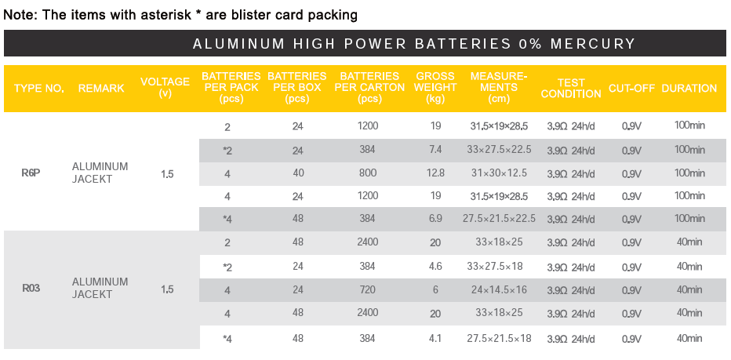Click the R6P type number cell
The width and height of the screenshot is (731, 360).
click(31, 173)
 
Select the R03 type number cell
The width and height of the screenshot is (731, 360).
click(31, 289)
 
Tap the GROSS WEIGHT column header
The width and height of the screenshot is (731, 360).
click(435, 88)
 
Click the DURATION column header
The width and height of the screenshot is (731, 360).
click(689, 89)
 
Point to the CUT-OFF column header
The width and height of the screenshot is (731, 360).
click(631, 89)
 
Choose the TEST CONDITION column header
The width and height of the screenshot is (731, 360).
click(571, 89)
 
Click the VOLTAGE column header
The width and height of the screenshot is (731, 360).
click(165, 88)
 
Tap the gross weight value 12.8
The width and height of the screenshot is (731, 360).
click(435, 173)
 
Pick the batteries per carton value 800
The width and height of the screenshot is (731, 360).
click(368, 173)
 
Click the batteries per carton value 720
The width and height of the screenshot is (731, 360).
click(368, 289)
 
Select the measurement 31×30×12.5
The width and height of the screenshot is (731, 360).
click(498, 173)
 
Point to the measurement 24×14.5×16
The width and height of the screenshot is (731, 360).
click(498, 289)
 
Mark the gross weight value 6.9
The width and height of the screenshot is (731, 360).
click(435, 219)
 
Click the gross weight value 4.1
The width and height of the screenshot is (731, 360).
click(435, 339)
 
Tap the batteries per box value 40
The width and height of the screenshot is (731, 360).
click(297, 173)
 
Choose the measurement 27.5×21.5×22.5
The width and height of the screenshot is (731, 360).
click(498, 219)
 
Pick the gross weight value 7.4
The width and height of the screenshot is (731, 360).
click(435, 150)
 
